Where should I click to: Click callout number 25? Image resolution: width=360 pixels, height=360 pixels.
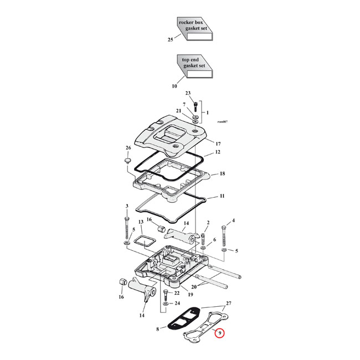(x=170, y=40)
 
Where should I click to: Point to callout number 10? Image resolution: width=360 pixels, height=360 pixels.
(x=174, y=86)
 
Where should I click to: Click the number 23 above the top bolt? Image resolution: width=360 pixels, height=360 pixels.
(x=188, y=93)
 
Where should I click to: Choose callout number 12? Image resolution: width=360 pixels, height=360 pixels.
(x=218, y=152)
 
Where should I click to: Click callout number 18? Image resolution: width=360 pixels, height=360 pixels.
(x=222, y=173)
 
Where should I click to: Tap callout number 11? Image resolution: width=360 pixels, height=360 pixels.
(x=222, y=196)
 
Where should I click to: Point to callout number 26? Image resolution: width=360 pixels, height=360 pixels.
(x=128, y=148)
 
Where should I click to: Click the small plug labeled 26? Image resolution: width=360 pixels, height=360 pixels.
(x=127, y=161)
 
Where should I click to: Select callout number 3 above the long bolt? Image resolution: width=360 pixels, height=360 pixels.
(x=127, y=206)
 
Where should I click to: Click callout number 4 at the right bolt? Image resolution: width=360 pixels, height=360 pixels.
(x=233, y=220)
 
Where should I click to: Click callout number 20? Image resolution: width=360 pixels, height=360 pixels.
(x=193, y=287)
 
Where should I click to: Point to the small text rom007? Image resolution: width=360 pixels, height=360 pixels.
(x=223, y=122)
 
